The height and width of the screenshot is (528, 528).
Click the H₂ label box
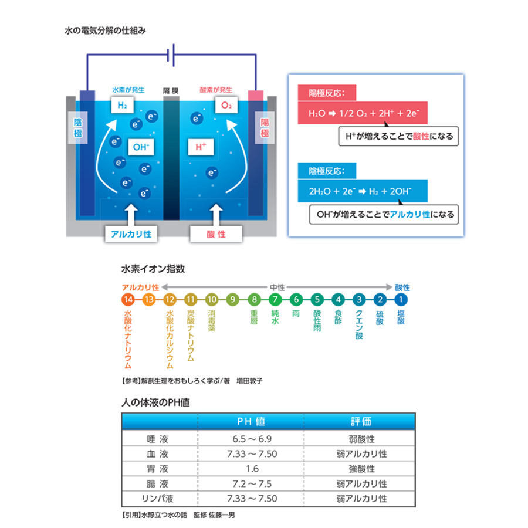pyautogui.click(x=122, y=105)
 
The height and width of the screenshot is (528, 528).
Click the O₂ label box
pyautogui.click(x=226, y=105)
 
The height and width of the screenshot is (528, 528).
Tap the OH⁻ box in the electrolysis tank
pyautogui.click(x=141, y=147)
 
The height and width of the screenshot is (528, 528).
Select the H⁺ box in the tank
pyautogui.click(x=201, y=147)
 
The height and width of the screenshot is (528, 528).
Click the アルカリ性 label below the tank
pyautogui.click(x=131, y=233)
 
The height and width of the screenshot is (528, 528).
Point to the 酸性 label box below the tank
pyautogui.click(x=216, y=233)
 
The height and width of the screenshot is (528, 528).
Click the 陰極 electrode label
pyautogui.click(x=78, y=128)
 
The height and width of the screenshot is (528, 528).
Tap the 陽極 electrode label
pyautogui.click(x=265, y=128)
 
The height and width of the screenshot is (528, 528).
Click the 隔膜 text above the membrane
pyautogui.click(x=171, y=90)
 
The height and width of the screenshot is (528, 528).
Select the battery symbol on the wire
pyautogui.click(x=171, y=55)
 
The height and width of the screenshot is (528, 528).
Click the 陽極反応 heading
pyautogui.click(x=327, y=93)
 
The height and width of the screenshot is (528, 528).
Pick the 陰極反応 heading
pyautogui.click(x=327, y=171)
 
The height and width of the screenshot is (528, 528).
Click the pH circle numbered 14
pyautogui.click(x=128, y=299)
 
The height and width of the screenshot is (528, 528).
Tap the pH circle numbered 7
pyautogui.click(x=275, y=299)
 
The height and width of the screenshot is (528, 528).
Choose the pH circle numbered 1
pyautogui.click(x=401, y=299)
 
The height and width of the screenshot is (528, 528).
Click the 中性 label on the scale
pyautogui.click(x=277, y=287)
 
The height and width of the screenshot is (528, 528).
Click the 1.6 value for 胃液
pyautogui.click(x=252, y=469)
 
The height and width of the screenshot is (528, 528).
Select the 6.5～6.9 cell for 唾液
pyautogui.click(x=252, y=439)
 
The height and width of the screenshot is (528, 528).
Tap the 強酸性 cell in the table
pyautogui.click(x=361, y=469)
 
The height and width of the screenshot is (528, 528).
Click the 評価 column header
pyautogui.click(x=361, y=421)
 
